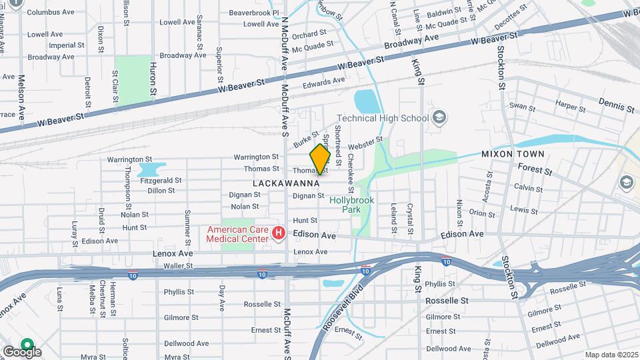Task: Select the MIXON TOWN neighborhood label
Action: click(513, 154)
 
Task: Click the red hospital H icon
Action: click(279, 234)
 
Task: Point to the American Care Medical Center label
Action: click(237, 234)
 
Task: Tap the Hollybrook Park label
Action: click(351, 204)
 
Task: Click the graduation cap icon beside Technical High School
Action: click(439, 119)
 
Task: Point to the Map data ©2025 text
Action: click(611, 355)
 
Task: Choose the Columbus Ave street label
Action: click(51, 12)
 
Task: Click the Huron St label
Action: click(153, 78)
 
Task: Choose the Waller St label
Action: click(178, 265)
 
